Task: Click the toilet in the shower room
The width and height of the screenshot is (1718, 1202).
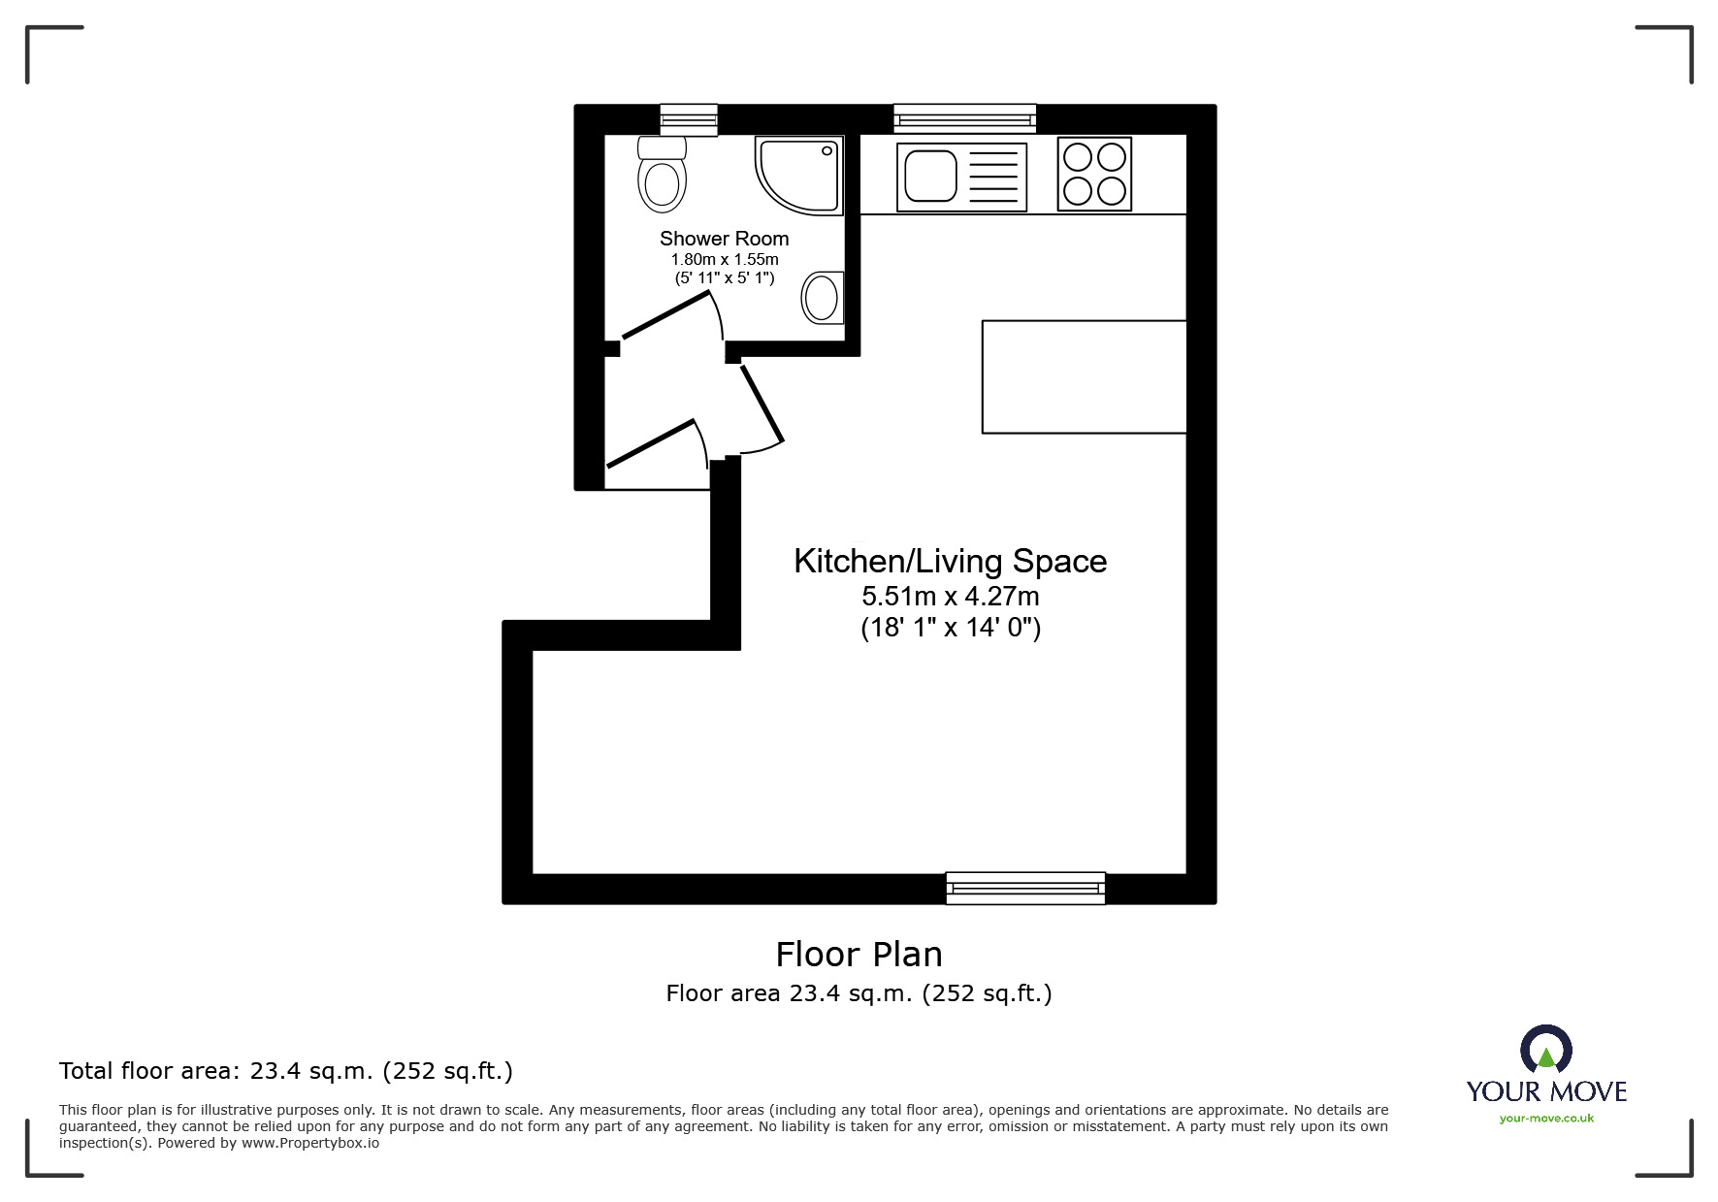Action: coord(663,174)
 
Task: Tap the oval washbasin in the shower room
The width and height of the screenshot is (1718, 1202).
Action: coord(822,296)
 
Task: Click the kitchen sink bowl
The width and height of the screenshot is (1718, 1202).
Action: coord(930,176)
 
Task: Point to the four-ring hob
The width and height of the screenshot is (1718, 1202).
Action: coord(1094,174)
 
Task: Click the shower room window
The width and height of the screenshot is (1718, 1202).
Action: coord(689,119)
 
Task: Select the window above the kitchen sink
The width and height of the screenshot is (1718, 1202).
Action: coord(964,118)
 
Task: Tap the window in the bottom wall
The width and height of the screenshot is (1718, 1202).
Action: coord(1025,888)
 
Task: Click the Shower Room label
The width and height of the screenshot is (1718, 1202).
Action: coord(725,239)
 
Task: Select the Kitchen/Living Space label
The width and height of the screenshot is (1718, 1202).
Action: coord(951,561)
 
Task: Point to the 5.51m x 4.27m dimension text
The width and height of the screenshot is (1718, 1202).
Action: coord(951,596)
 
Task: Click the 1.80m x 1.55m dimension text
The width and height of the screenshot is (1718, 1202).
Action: coord(725,260)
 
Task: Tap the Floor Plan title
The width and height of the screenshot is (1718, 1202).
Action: coord(859,955)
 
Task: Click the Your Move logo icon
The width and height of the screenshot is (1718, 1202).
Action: coord(1546,1049)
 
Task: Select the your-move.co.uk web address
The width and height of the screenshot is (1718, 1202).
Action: coord(1546,1119)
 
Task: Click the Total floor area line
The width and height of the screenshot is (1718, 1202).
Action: coord(286,1071)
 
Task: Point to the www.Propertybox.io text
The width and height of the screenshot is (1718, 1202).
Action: coord(310,1143)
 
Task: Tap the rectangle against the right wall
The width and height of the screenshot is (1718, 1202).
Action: coord(1085,376)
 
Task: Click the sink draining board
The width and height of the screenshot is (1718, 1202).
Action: coord(993,176)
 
